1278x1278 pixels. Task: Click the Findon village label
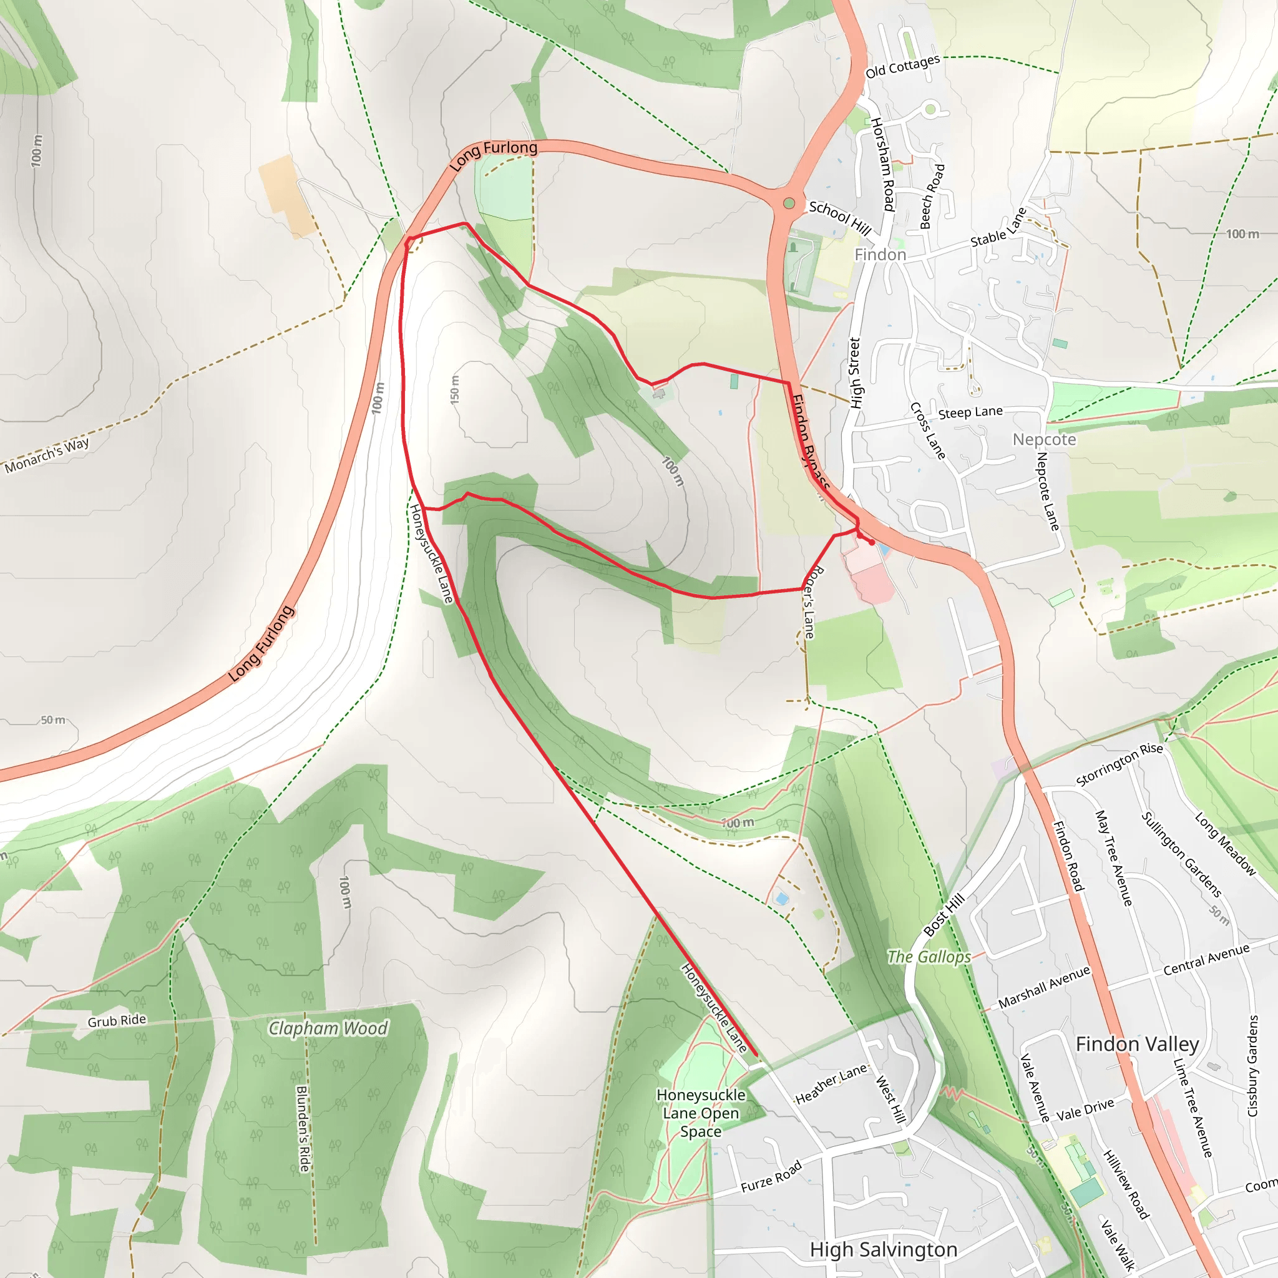pyautogui.click(x=880, y=255)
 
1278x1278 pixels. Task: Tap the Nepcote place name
pyautogui.click(x=1044, y=440)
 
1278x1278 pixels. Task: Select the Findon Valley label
pyautogui.click(x=1137, y=1044)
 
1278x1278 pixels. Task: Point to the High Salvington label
pyautogui.click(x=883, y=1249)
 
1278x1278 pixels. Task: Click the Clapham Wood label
pyautogui.click(x=328, y=1028)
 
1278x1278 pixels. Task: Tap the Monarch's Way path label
pyautogui.click(x=47, y=456)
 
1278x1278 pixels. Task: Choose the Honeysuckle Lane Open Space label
pyautogui.click(x=701, y=1113)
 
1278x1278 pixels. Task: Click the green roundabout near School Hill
pyautogui.click(x=789, y=203)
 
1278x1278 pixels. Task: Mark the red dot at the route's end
pyautogui.click(x=872, y=542)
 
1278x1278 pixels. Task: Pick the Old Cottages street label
pyautogui.click(x=902, y=67)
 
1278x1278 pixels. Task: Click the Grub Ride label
pyautogui.click(x=117, y=1021)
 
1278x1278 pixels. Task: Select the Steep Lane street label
pyautogui.click(x=970, y=412)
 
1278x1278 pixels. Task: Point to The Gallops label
pyautogui.click(x=929, y=957)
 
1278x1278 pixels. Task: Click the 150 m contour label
pyautogui.click(x=454, y=389)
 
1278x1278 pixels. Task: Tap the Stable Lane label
pyautogui.click(x=999, y=228)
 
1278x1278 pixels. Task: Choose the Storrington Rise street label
pyautogui.click(x=1119, y=764)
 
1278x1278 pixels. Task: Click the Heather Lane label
pyautogui.click(x=831, y=1084)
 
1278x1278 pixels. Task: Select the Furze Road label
pyautogui.click(x=771, y=1177)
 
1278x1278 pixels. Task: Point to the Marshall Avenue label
pyautogui.click(x=1044, y=988)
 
